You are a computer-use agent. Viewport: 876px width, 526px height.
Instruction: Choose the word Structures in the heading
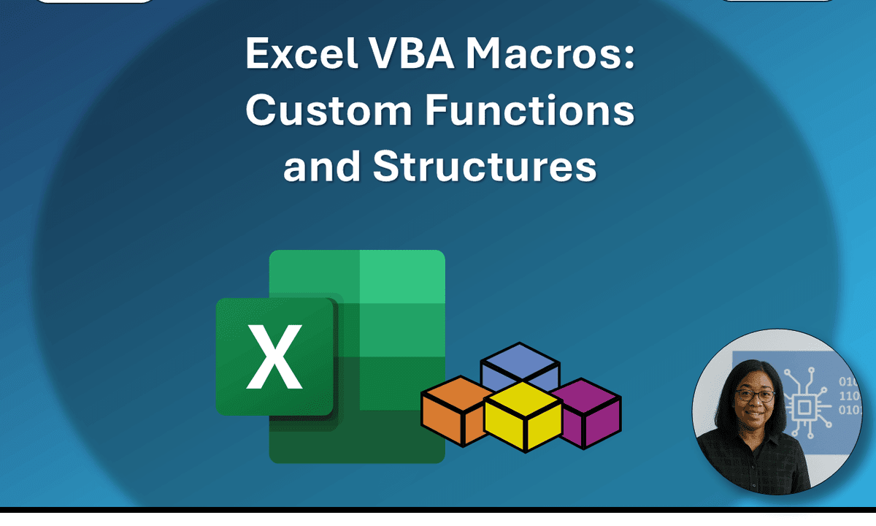click(485, 167)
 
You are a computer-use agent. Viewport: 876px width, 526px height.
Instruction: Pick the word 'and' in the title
click(321, 167)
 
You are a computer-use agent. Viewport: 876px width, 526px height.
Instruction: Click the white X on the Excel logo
click(274, 357)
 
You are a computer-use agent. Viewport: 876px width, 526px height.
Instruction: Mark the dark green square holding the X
click(274, 357)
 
